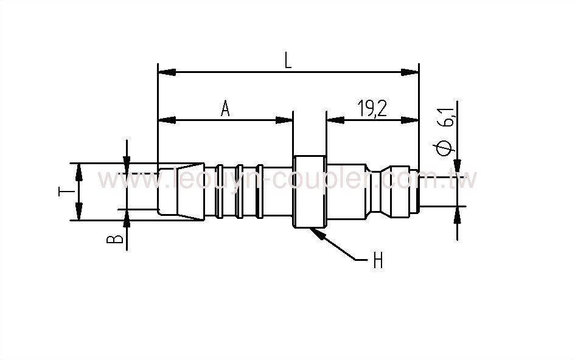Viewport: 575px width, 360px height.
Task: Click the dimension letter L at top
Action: click(x=288, y=60)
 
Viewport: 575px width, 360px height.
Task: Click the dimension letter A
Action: click(x=225, y=109)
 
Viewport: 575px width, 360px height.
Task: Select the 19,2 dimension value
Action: click(x=371, y=109)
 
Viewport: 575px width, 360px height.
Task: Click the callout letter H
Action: click(x=378, y=261)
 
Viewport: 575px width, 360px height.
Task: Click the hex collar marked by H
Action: click(x=310, y=192)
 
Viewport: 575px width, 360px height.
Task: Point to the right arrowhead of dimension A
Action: click(x=285, y=120)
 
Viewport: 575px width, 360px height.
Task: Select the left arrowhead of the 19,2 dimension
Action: click(x=334, y=120)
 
